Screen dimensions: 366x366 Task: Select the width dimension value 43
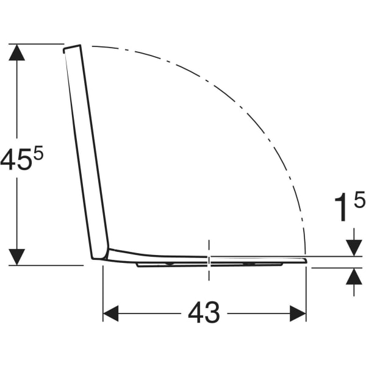(204, 312)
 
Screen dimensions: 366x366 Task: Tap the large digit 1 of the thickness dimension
(341, 207)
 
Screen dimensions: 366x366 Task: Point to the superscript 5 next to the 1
(359, 199)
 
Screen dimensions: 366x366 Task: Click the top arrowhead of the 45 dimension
(17, 52)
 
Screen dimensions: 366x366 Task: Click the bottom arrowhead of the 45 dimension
(17, 257)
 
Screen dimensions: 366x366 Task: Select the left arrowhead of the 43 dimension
(110, 314)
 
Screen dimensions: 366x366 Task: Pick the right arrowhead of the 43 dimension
(298, 314)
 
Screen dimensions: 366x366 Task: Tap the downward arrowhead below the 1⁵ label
(354, 248)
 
